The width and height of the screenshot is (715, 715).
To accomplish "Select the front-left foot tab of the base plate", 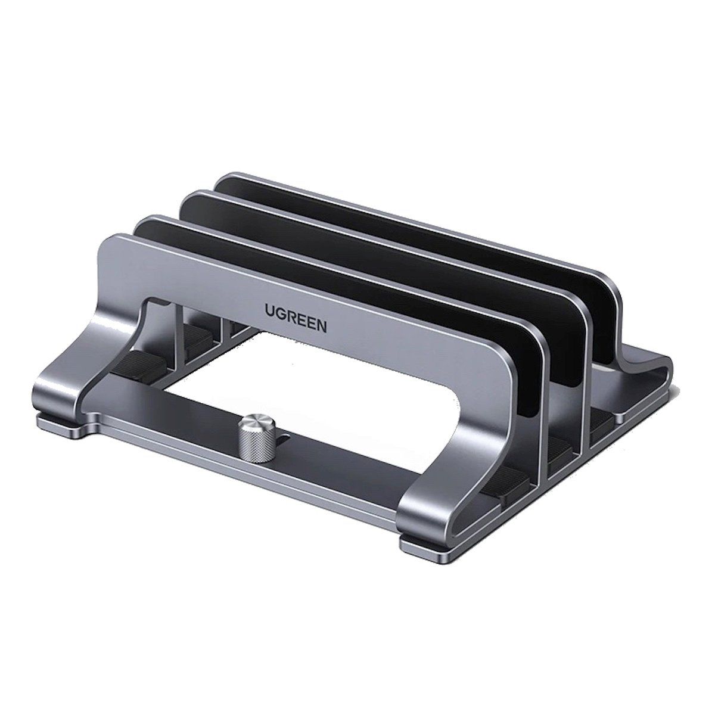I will [x=60, y=427].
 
